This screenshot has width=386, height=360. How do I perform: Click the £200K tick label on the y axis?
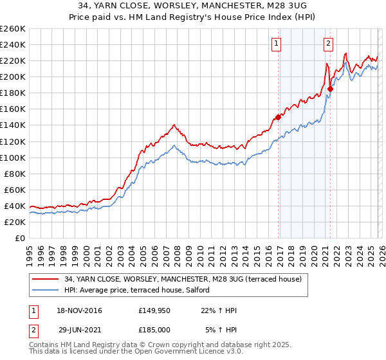[12, 76]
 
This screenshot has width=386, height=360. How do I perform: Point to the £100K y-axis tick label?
[12, 157]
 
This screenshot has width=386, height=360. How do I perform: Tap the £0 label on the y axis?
[19, 238]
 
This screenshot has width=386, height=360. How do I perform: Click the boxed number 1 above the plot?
[276, 44]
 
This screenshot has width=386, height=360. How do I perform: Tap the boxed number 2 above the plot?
[328, 44]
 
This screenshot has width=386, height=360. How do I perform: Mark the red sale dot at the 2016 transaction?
[278, 117]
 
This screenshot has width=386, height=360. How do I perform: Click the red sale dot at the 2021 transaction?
[330, 89]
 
